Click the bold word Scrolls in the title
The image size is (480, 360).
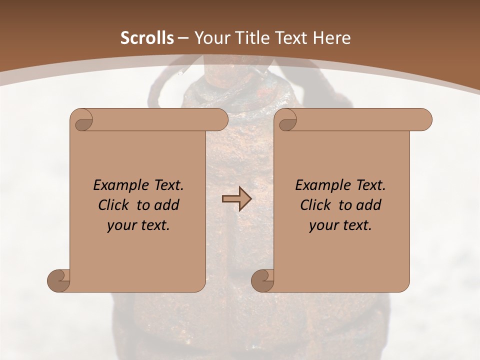coord(147,38)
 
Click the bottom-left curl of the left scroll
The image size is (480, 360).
coord(58,280)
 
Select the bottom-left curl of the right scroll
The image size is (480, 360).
coord(262,280)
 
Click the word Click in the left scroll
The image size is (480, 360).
coord(115,205)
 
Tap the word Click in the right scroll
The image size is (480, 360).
coord(317,205)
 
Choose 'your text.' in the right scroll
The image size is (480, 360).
coord(340,225)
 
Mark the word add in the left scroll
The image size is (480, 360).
coord(166,205)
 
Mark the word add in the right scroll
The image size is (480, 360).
coord(368,205)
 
